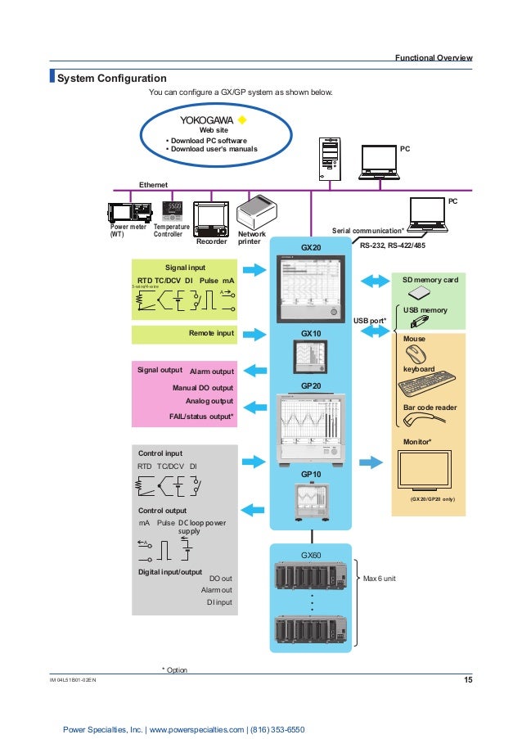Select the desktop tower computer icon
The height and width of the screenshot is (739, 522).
[x=328, y=159]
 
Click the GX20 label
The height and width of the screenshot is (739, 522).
[x=311, y=247]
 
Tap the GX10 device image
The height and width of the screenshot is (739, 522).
[x=311, y=357]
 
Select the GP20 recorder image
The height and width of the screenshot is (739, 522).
[x=311, y=430]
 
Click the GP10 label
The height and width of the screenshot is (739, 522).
[x=311, y=474]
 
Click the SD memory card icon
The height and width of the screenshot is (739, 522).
[x=419, y=294]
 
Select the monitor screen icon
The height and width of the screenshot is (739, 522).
[x=429, y=471]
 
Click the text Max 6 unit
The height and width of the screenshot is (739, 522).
[x=380, y=578]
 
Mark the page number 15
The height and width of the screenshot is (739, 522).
[x=466, y=680]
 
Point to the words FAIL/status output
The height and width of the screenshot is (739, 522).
[x=201, y=417]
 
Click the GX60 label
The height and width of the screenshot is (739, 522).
[x=311, y=556]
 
